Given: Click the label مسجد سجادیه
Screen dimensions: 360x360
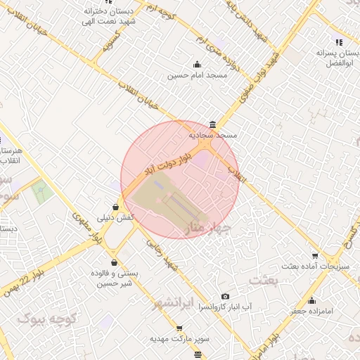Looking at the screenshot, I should click(214, 134).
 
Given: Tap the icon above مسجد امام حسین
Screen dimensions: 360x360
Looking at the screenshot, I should click(198, 65).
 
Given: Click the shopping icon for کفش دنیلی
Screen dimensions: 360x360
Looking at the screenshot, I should click(115, 207).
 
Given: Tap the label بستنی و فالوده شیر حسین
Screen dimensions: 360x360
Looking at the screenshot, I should click(113, 278).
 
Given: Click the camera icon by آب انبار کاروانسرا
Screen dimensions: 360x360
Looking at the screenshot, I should click(225, 297).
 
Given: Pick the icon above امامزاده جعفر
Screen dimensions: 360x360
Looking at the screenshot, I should click(312, 297).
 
